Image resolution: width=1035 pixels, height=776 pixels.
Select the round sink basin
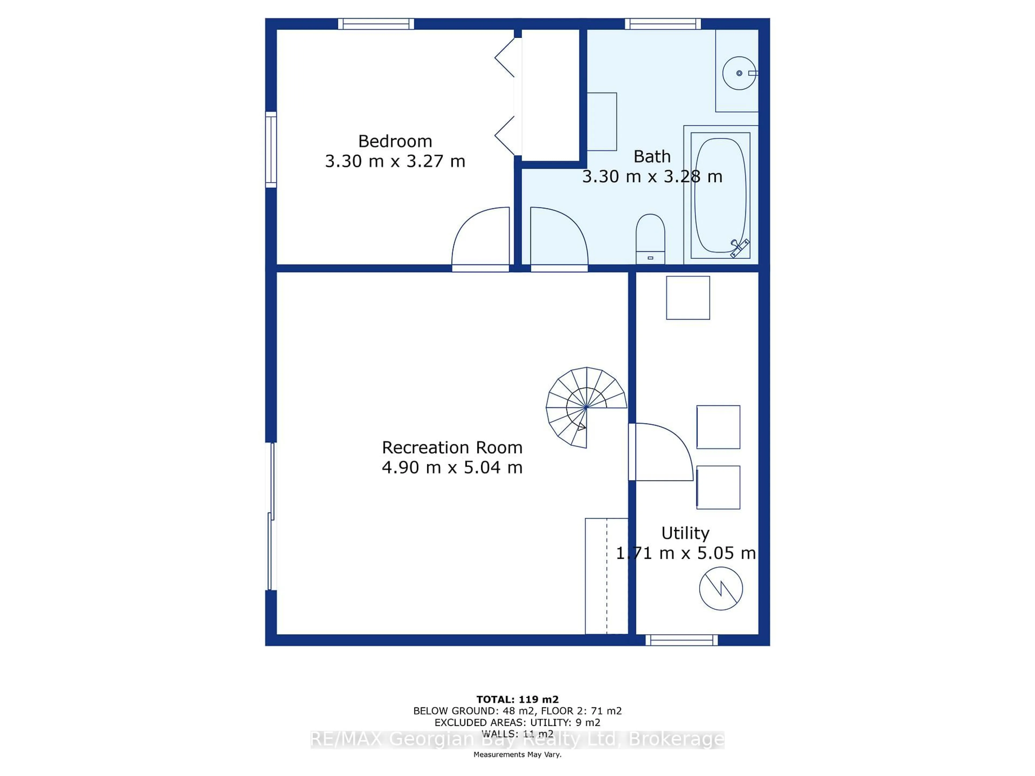739,73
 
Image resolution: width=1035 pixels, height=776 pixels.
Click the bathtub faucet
739,247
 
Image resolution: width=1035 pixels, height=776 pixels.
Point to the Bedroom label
395,141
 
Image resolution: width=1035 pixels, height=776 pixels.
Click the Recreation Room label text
452,448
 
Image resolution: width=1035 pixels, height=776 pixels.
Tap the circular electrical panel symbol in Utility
720,588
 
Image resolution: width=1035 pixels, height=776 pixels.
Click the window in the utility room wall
681,640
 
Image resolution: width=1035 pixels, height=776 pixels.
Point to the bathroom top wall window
663,24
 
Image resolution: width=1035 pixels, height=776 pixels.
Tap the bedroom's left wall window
271,150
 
